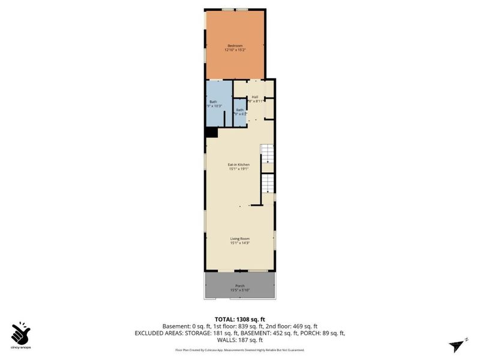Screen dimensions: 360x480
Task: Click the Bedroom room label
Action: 235,46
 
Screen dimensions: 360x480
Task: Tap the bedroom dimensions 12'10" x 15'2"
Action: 235,50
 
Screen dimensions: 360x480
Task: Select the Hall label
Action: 254,97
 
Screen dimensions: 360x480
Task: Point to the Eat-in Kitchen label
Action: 238,164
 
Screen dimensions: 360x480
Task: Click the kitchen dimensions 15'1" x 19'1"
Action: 238,169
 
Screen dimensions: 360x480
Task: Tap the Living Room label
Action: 239,239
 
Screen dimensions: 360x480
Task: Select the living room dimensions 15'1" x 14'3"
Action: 239,243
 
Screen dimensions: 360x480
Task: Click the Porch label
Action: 239,286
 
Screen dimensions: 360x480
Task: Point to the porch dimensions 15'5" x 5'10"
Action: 239,290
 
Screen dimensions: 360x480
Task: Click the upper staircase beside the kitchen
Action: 268,154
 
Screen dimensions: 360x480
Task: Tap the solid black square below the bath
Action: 211,133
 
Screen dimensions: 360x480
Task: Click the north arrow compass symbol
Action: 457,344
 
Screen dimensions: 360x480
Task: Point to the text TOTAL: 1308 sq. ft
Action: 240,319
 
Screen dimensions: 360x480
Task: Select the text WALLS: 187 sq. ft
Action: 240,340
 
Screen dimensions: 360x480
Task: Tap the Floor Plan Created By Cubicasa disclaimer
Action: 240,350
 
